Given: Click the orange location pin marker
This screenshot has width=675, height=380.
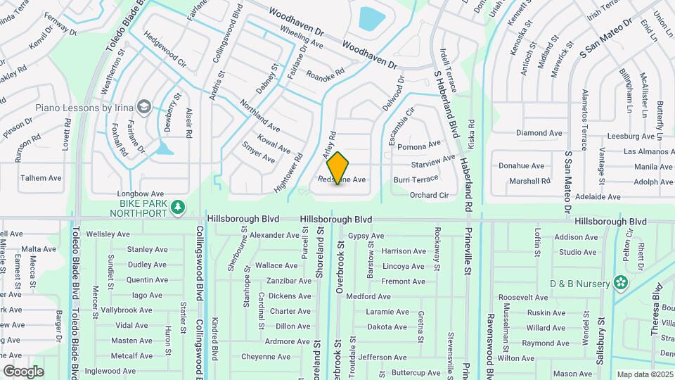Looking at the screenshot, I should click(338, 167).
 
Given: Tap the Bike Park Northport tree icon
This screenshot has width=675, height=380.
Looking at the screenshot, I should click(179, 205).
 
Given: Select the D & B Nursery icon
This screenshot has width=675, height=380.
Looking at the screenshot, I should click(620, 282).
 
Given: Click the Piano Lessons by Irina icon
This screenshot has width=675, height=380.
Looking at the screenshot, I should click(145, 106).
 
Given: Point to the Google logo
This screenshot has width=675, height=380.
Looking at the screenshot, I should click(23, 371).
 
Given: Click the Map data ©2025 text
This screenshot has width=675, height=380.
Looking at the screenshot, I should click(644, 374).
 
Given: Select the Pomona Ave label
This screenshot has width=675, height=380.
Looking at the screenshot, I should click(419, 147).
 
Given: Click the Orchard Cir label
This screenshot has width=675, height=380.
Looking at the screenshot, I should click(429, 195).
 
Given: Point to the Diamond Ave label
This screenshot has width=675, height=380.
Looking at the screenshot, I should click(539, 132).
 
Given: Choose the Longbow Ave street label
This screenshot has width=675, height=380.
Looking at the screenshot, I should click(141, 194).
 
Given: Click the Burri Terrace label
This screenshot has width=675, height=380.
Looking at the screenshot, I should click(416, 179).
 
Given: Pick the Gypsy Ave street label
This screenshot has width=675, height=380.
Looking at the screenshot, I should click(365, 236).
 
